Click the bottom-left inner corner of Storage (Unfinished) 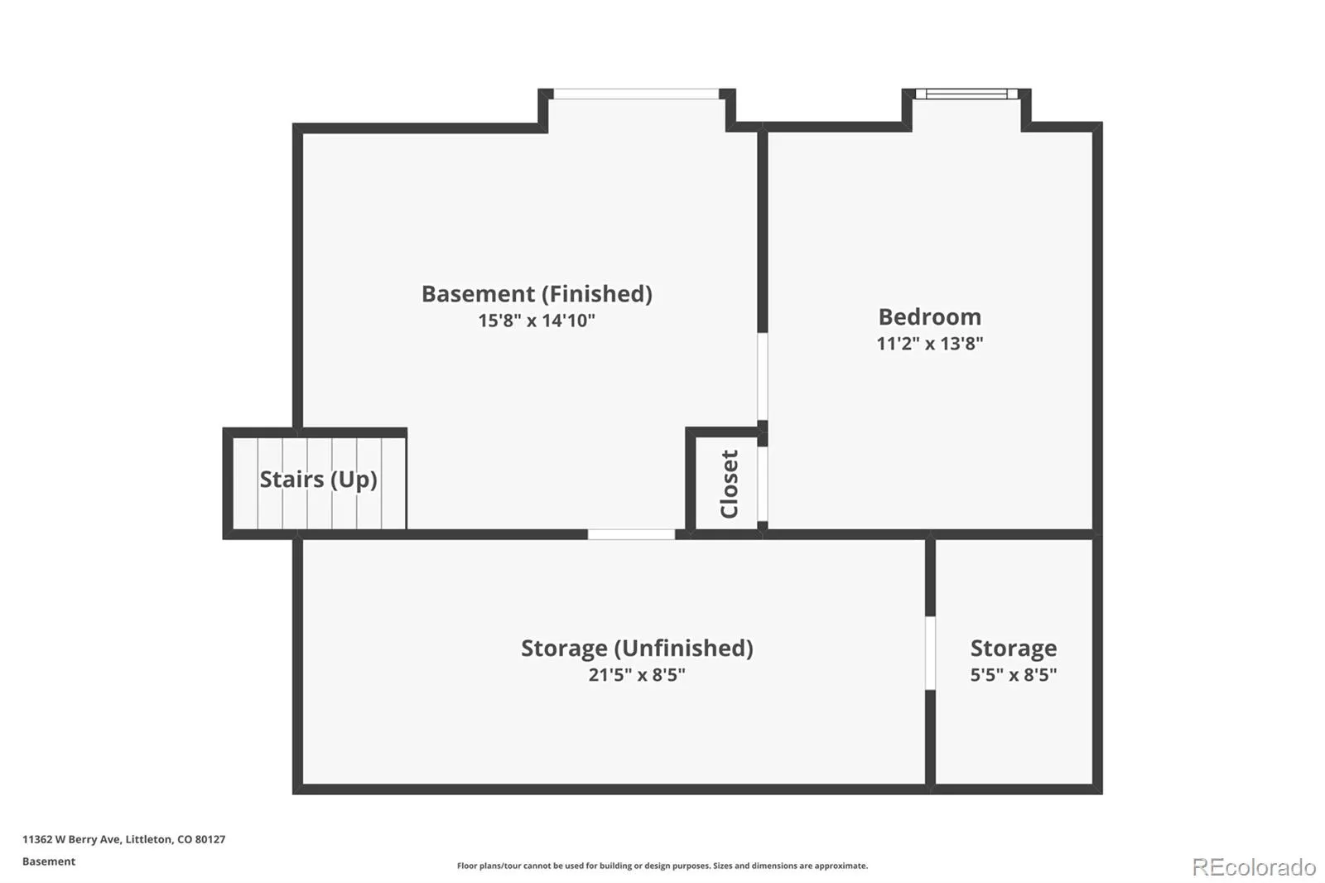point(303,784)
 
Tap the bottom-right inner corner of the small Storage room point(1092,784)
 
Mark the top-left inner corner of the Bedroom point(768,132)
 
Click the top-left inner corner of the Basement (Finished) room point(303,133)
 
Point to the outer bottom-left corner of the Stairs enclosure point(223,539)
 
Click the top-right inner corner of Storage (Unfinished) point(925,539)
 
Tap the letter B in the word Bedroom point(886,317)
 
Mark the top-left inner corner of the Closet point(696,438)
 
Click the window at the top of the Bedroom point(966,94)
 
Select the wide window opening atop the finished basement point(636,94)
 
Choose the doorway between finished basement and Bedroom point(763,376)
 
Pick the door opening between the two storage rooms point(930,653)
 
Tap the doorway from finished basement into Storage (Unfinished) point(631,534)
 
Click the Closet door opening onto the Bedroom point(763,484)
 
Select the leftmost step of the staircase point(245,484)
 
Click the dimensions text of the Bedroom point(929,344)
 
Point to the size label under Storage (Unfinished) point(637,675)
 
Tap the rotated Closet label point(730,484)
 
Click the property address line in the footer point(123,839)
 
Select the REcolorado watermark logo point(1254,867)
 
